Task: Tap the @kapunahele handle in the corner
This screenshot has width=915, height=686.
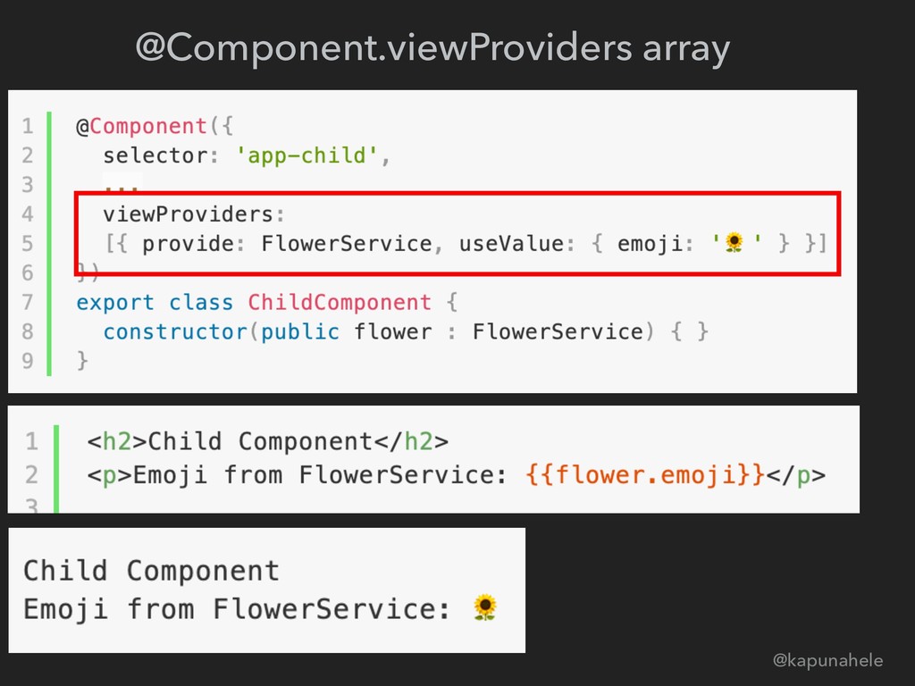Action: (x=827, y=660)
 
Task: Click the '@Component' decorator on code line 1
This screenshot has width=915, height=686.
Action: (x=142, y=127)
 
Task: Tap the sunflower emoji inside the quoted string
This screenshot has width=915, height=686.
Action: (x=734, y=243)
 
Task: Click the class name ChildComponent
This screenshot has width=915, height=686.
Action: (x=340, y=302)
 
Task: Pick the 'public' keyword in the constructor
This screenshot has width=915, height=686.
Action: (x=299, y=331)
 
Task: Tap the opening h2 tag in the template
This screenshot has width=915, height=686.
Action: (x=116, y=441)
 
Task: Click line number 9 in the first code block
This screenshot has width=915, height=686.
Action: (x=28, y=360)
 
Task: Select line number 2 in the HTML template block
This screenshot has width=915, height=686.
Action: (x=32, y=473)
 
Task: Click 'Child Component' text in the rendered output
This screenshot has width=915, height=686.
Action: (x=151, y=570)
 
